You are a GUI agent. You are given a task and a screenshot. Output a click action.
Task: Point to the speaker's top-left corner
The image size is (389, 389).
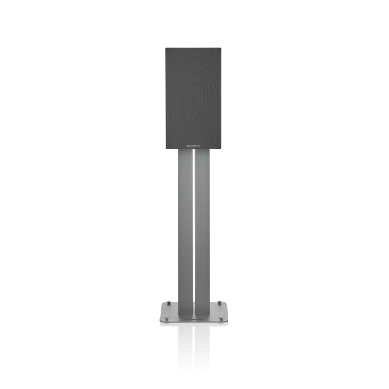(x=165, y=48)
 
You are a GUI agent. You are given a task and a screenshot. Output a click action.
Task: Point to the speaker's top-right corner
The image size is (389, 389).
(x=224, y=48)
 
